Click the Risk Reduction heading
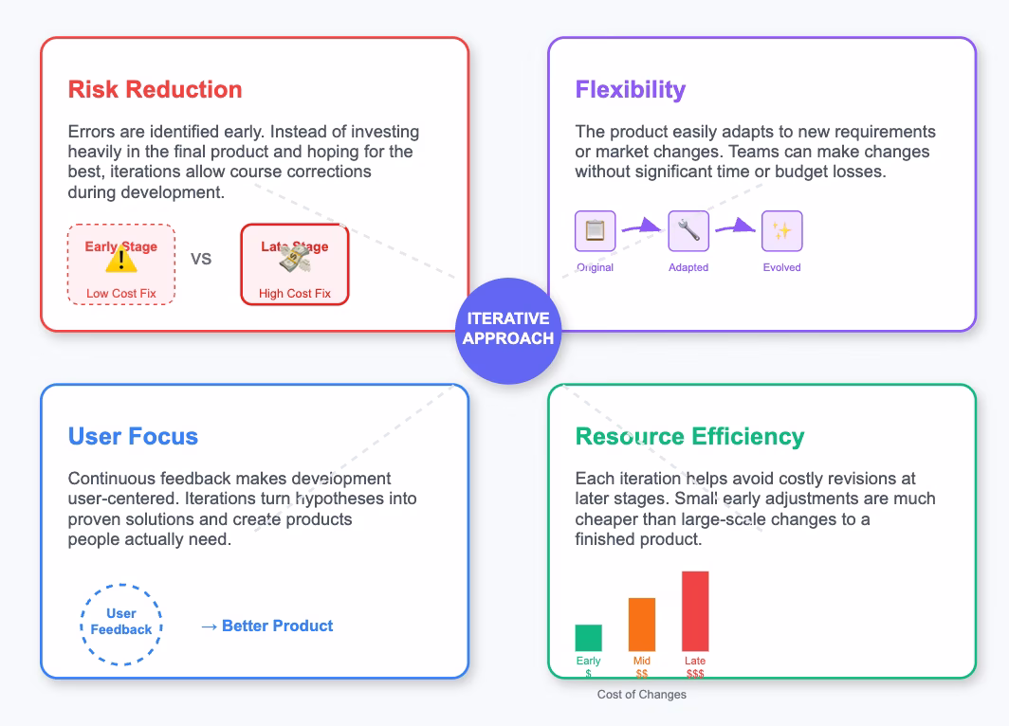155,90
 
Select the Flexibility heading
630,90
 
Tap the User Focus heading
133,437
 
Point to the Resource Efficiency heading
689,437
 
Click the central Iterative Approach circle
508,329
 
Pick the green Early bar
588,638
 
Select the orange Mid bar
642,625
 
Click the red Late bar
695,611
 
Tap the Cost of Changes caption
641,695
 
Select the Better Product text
277,626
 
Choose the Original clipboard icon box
595,231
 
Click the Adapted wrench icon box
688,231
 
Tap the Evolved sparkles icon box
781,231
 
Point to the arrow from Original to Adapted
641,227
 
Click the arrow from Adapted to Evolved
735,227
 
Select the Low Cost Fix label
121,294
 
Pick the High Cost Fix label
295,294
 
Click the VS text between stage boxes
201,259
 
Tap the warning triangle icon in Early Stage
121,260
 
